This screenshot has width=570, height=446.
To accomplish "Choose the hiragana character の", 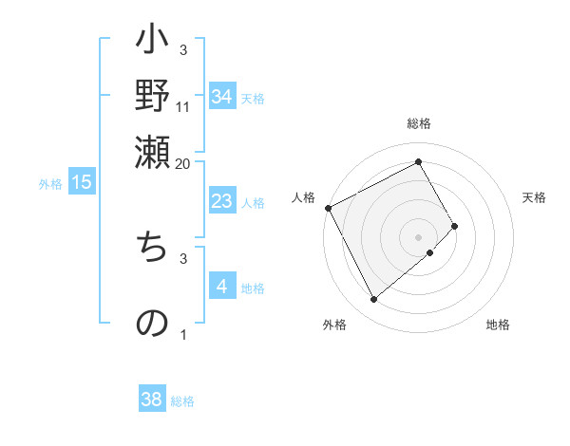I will [153, 322].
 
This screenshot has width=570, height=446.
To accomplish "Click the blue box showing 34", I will [222, 97].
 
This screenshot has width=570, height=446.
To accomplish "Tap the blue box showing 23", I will [221, 201].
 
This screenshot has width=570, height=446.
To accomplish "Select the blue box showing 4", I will [221, 288].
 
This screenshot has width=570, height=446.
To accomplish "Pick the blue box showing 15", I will [82, 183].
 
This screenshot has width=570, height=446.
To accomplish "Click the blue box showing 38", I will [152, 400].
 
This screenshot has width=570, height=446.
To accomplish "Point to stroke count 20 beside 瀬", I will [182, 164].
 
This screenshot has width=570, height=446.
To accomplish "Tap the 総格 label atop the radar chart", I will [419, 124].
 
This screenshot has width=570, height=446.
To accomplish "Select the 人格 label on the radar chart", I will [304, 197].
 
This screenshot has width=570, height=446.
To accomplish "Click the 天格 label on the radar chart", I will [534, 197].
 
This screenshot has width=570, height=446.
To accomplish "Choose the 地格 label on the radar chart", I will [498, 325].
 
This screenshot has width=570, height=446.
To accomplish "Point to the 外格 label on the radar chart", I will [334, 325].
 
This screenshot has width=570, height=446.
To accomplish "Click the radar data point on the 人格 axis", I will [329, 208].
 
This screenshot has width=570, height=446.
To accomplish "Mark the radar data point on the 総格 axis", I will [419, 162].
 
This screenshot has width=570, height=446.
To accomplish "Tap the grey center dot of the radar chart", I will [419, 236].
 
